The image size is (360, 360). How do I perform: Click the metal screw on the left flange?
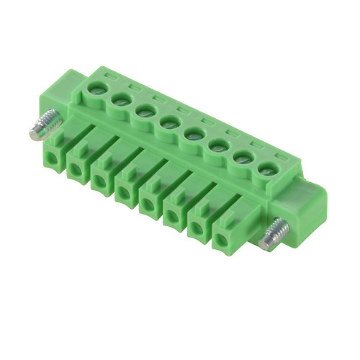click(x=41, y=123)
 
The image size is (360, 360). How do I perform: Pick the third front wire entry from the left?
click(x=100, y=181)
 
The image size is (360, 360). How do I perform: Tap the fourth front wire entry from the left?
click(x=125, y=192)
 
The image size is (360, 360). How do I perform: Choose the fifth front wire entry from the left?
click(x=149, y=205)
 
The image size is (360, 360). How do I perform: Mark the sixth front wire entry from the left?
click(x=174, y=217)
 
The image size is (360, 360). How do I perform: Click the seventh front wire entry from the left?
click(x=198, y=229)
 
